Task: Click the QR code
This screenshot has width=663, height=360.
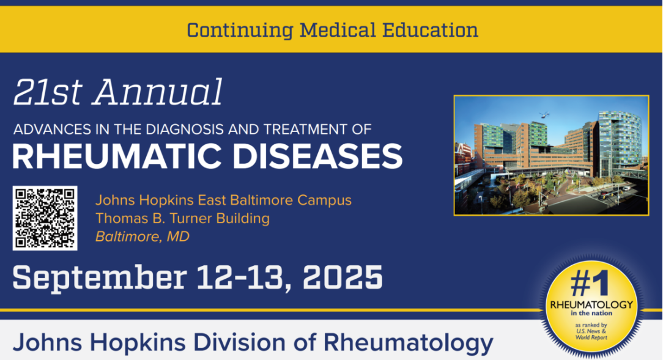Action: click(x=45, y=218)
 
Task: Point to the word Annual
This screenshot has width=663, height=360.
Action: click(x=158, y=93)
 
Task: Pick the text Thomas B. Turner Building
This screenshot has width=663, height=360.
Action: click(x=182, y=218)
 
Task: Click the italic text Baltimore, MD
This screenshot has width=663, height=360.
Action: click(x=142, y=237)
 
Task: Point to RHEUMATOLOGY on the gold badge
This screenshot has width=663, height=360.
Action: click(x=591, y=304)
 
